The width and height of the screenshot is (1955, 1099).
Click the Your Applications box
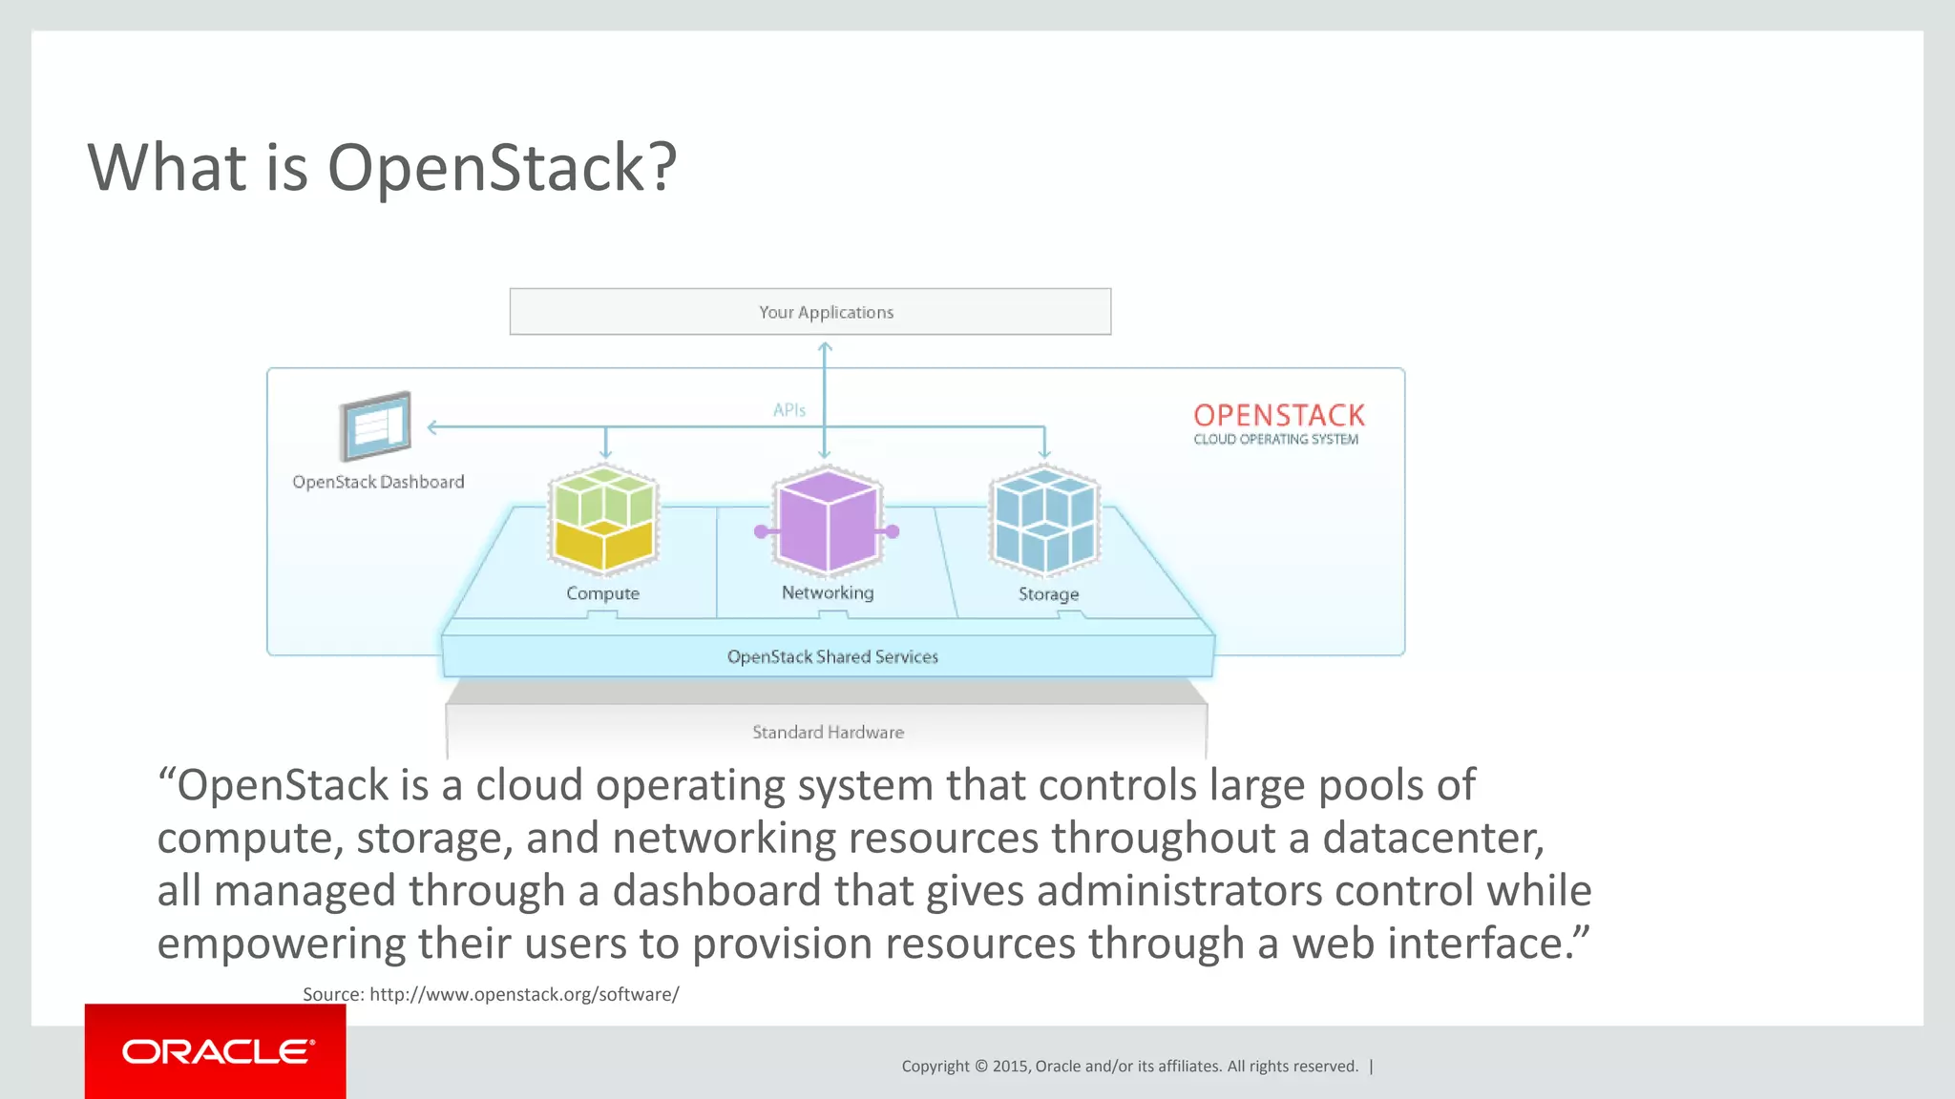click(x=809, y=312)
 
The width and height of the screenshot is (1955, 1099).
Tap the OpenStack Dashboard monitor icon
click(x=375, y=426)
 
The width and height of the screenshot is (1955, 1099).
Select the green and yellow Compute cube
click(x=603, y=520)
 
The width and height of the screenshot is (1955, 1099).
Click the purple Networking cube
click(x=827, y=521)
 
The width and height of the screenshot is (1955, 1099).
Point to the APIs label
click(x=788, y=410)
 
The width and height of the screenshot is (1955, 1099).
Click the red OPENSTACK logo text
click(x=1278, y=415)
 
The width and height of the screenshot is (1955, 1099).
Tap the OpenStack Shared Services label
click(x=831, y=656)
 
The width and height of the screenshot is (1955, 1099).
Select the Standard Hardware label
click(x=828, y=732)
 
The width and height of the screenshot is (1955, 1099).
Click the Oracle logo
click(x=216, y=1051)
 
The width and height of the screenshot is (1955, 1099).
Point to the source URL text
click(x=524, y=994)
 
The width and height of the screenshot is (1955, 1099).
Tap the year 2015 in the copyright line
click(x=1011, y=1067)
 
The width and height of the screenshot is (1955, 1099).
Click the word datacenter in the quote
click(x=1432, y=839)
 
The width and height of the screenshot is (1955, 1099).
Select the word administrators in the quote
click(x=1180, y=891)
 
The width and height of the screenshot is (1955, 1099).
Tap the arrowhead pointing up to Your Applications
click(x=825, y=348)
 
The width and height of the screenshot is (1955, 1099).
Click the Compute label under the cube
click(x=602, y=593)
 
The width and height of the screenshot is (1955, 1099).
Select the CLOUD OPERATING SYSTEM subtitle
click(x=1275, y=439)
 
